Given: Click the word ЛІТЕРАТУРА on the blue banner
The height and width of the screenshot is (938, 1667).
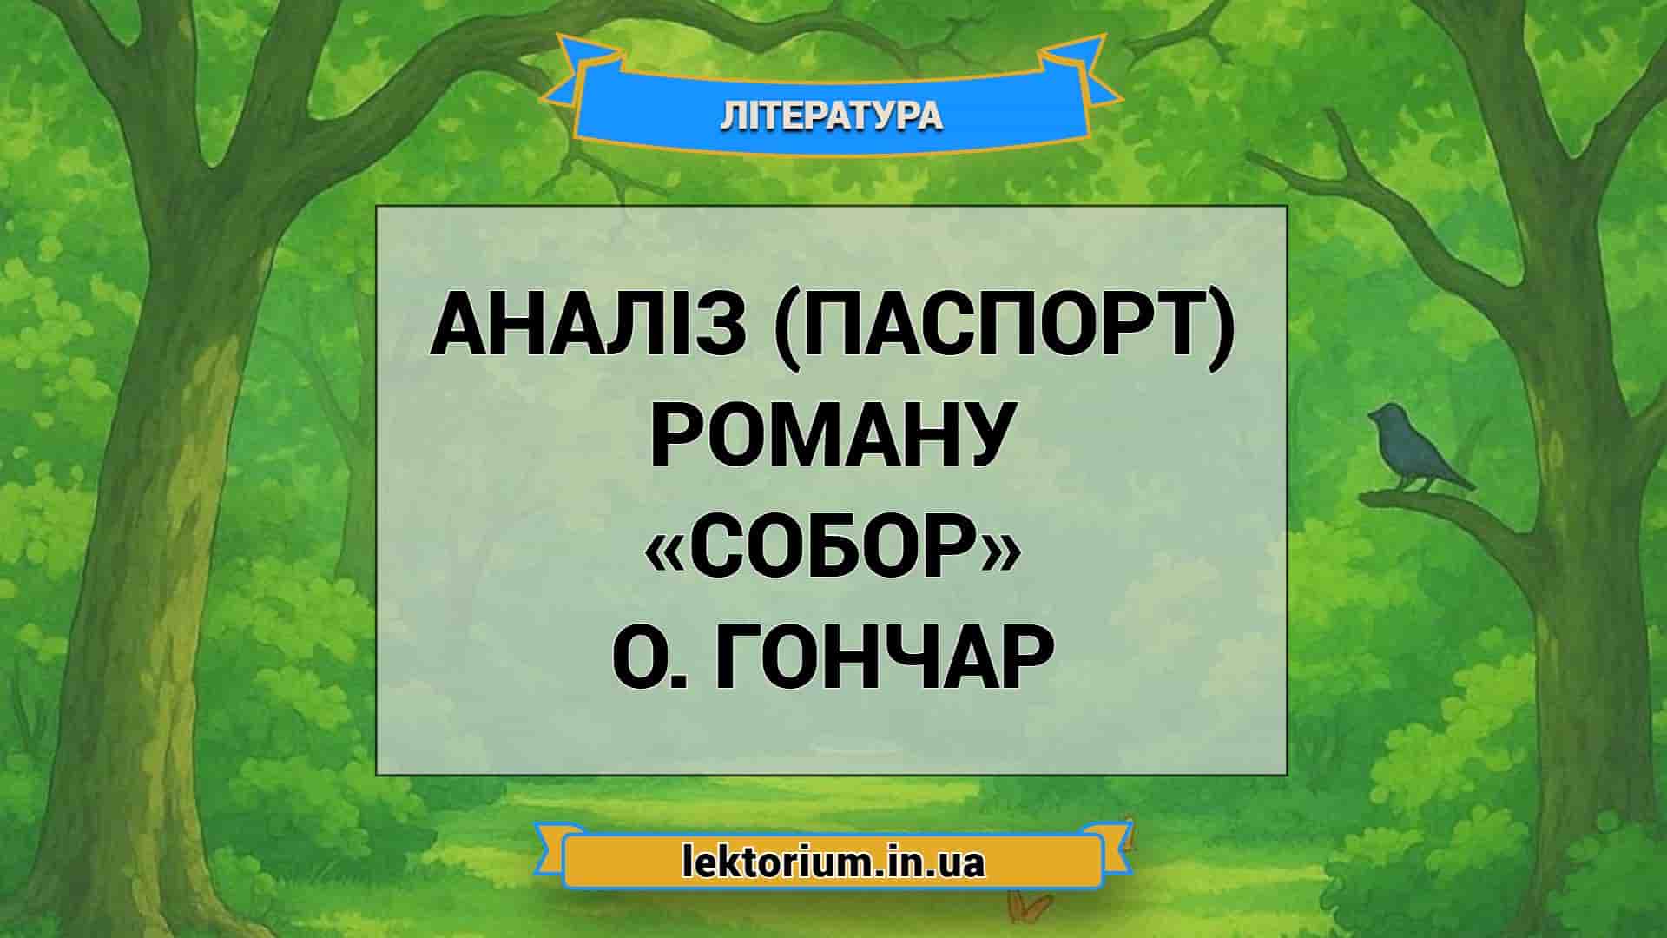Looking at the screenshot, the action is click(831, 116).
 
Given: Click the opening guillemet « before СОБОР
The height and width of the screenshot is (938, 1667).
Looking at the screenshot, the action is click(665, 552).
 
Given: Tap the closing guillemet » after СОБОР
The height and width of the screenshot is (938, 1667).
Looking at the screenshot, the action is click(998, 552).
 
